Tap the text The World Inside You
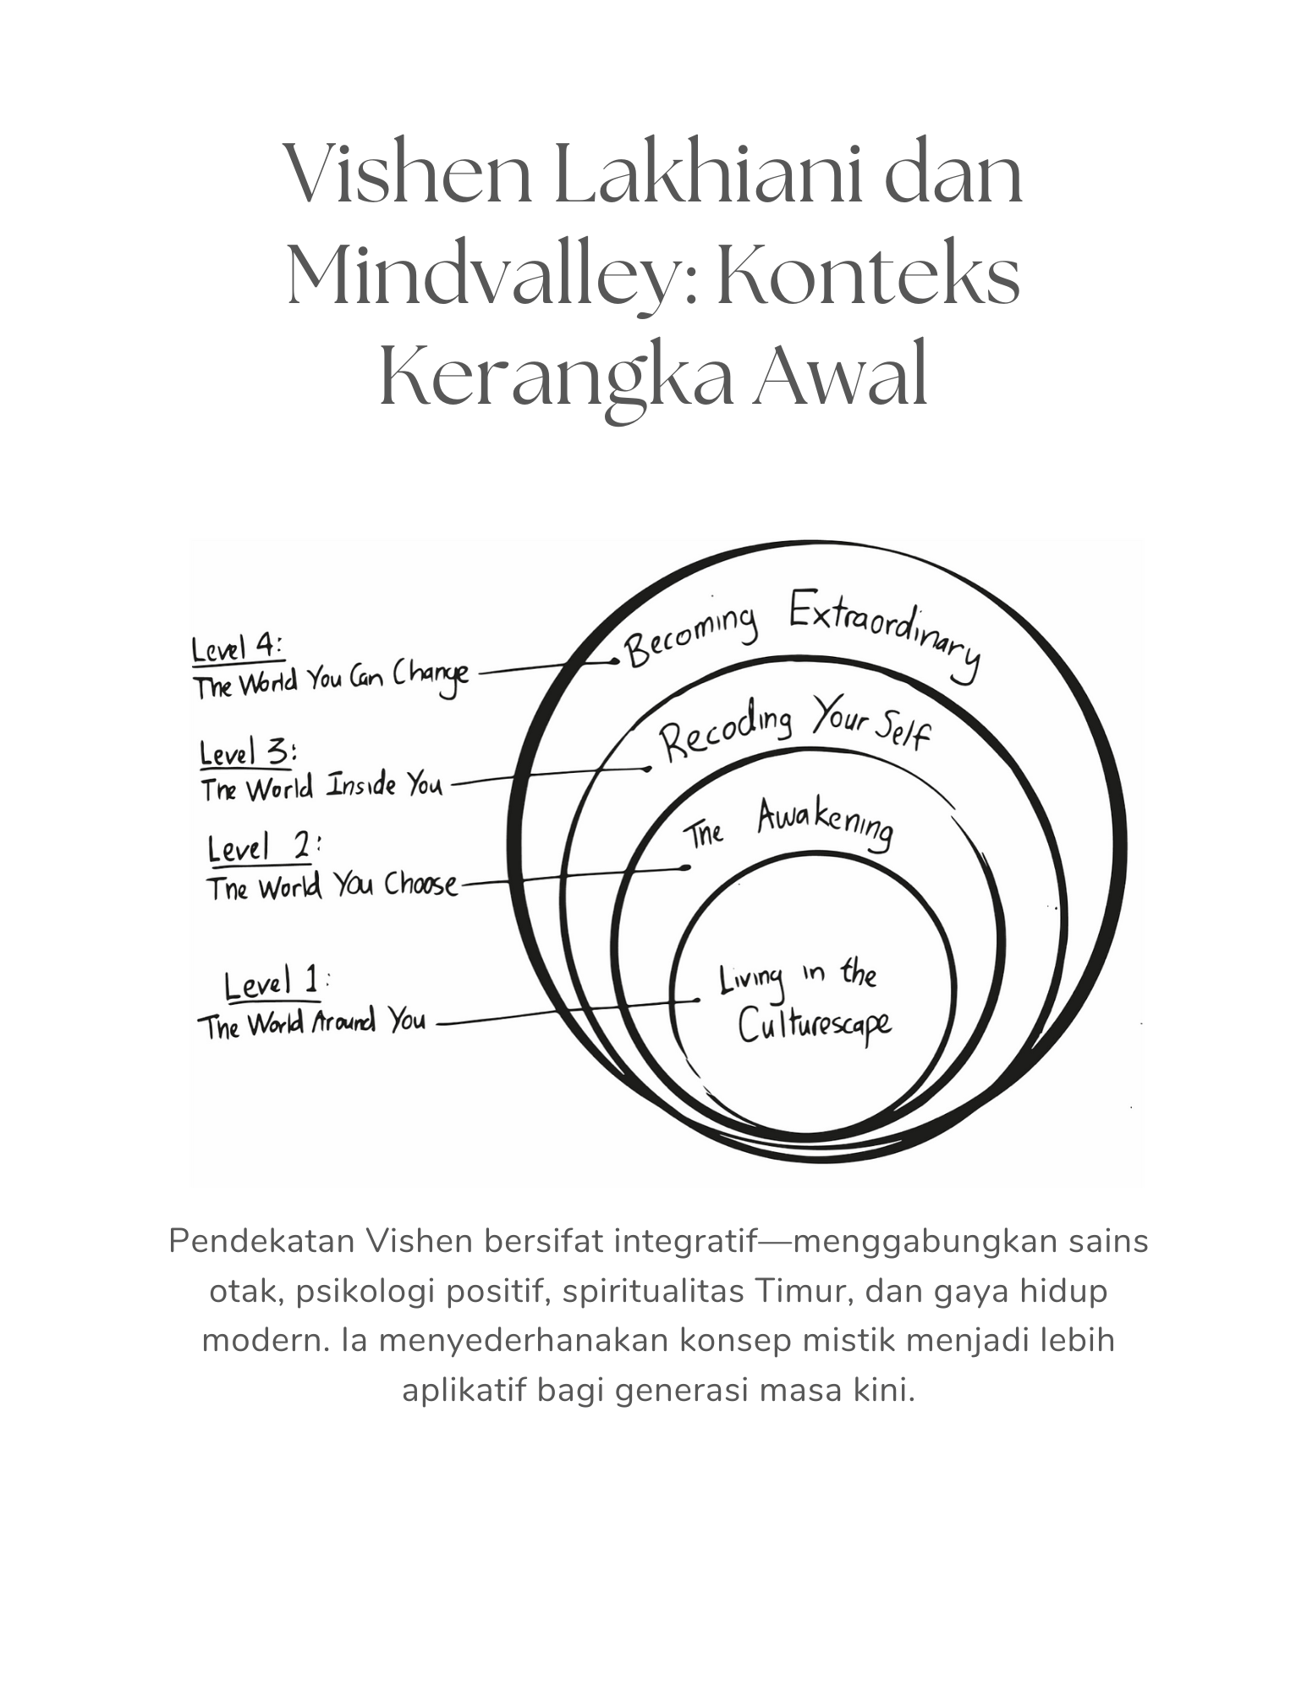tap(321, 787)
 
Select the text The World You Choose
tap(332, 886)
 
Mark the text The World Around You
tap(311, 1023)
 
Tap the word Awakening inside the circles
tap(824, 824)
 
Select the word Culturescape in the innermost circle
tap(814, 1025)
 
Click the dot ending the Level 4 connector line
tap(616, 662)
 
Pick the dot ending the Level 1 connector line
tap(697, 1000)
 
